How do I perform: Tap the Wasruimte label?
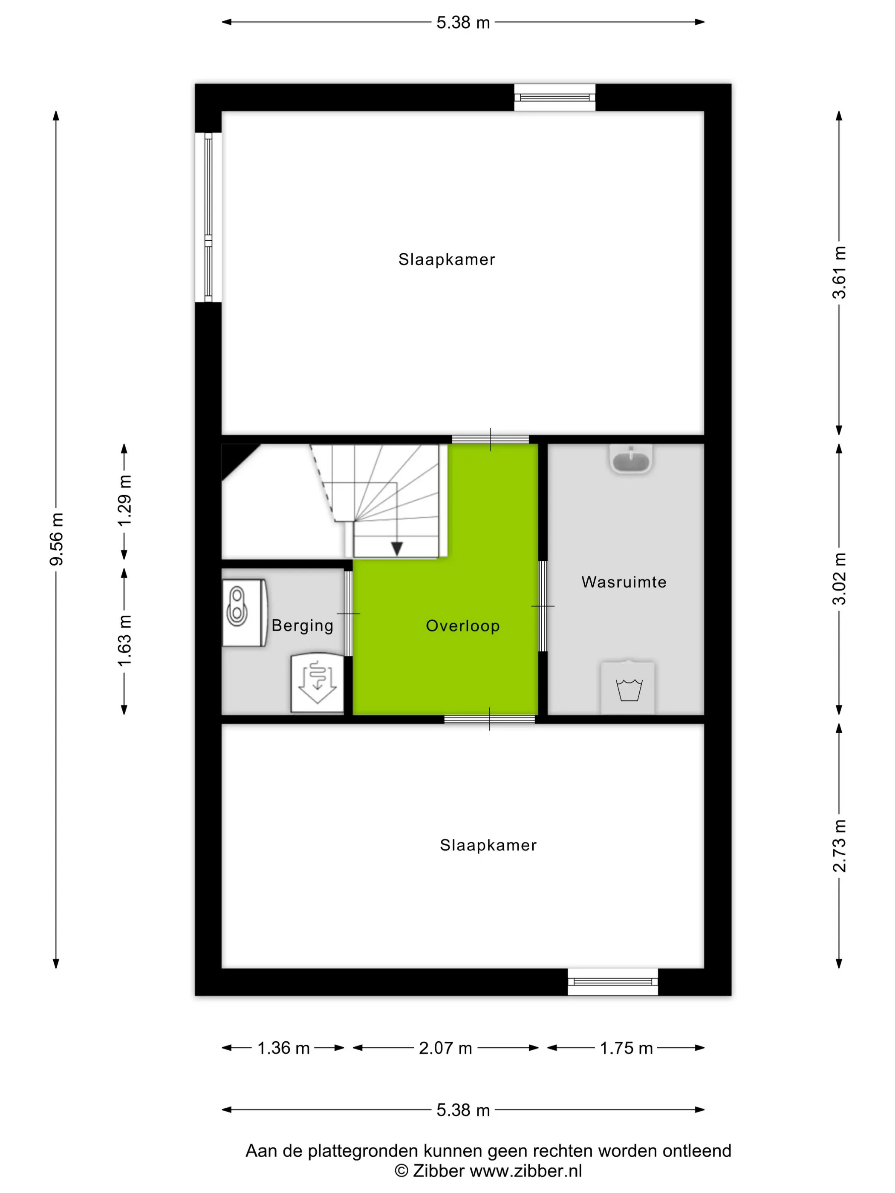(624, 582)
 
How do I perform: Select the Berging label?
(302, 625)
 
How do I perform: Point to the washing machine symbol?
(628, 687)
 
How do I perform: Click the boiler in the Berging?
(244, 613)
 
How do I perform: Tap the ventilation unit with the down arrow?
(317, 683)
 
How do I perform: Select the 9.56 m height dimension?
(56, 539)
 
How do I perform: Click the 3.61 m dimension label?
(839, 272)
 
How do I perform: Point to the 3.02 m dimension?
(839, 579)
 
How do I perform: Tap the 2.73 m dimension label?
(839, 846)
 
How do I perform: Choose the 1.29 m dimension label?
(124, 501)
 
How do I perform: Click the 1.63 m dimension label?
(124, 640)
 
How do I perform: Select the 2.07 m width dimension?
(446, 1048)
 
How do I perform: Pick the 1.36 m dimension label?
(283, 1048)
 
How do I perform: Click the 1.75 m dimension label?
(626, 1048)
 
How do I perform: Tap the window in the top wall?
(554, 98)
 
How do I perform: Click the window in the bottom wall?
(613, 982)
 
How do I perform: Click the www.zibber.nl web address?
(526, 1171)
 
